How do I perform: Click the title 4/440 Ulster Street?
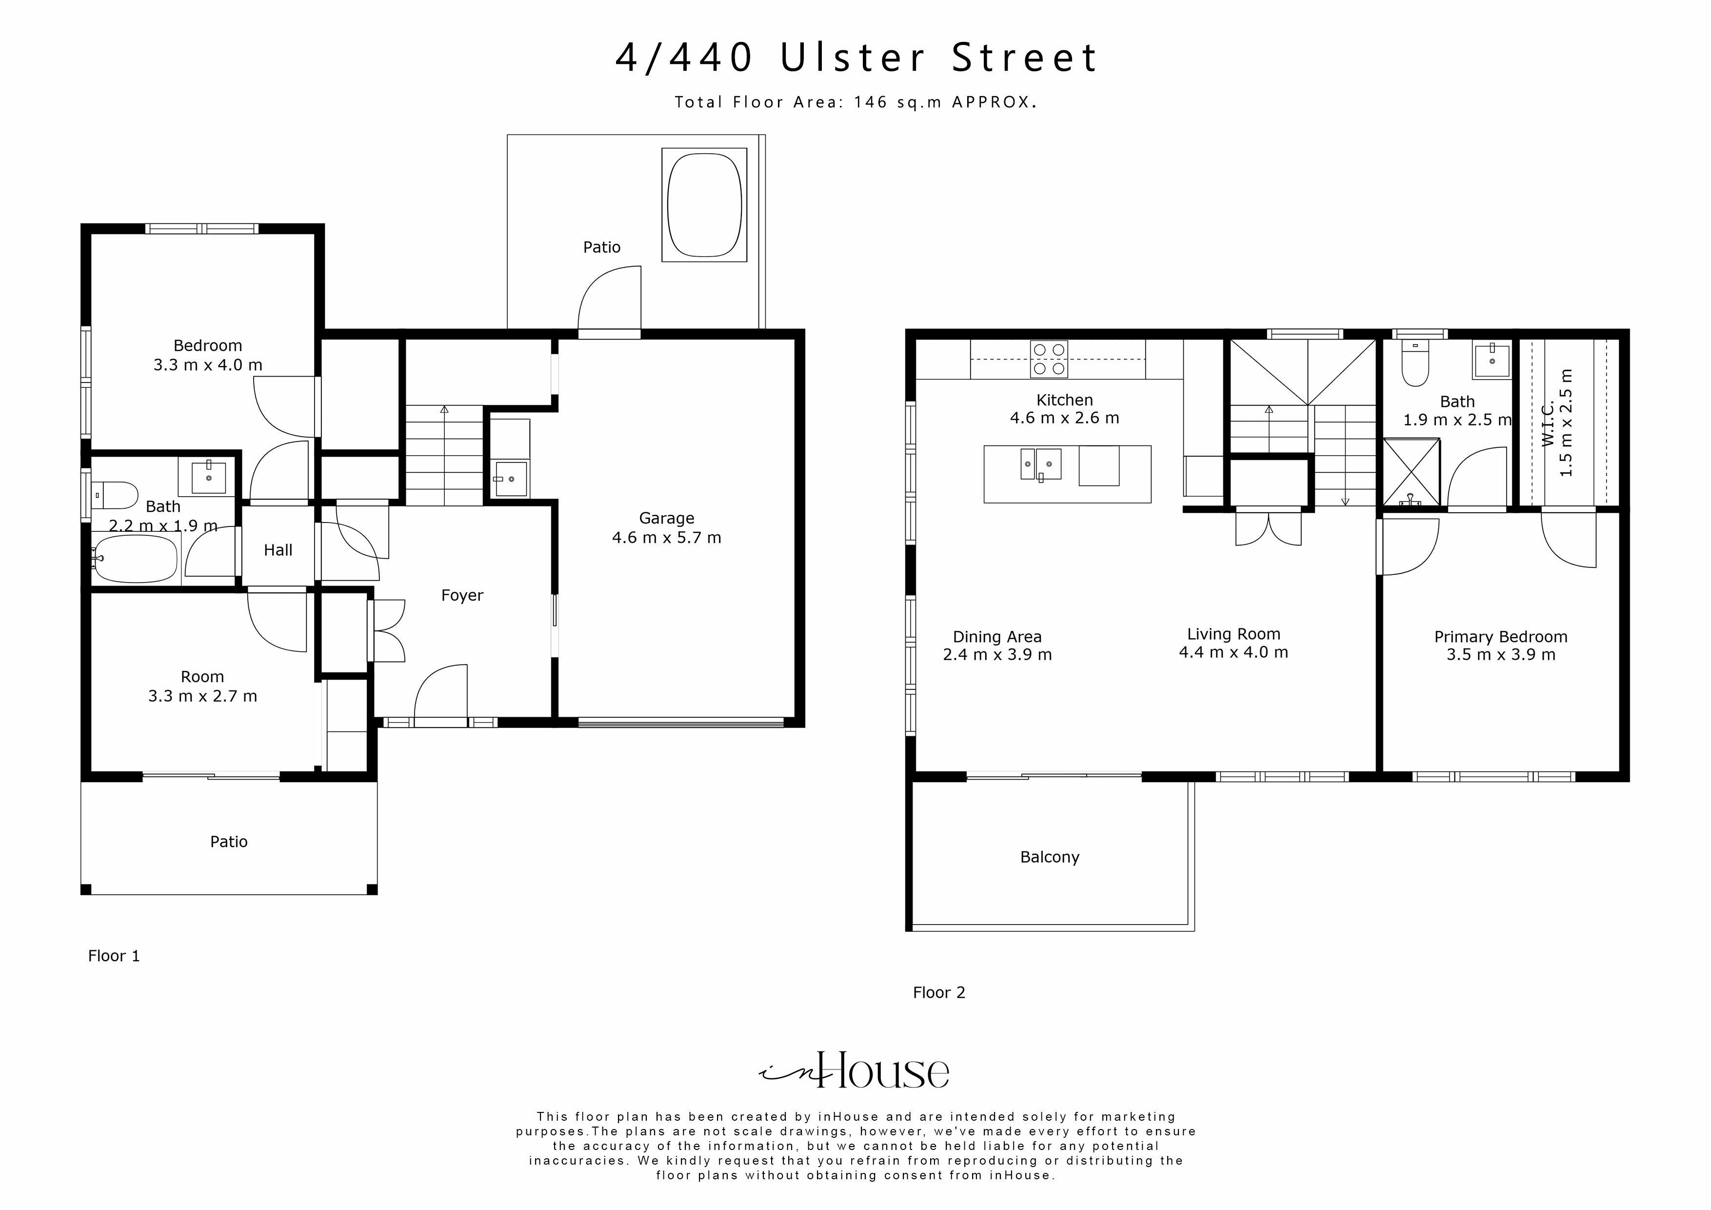pos(856,58)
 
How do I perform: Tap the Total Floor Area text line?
pos(856,102)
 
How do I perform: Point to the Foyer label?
pos(462,595)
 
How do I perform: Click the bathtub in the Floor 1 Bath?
pos(135,558)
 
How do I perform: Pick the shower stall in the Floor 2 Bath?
pos(1412,472)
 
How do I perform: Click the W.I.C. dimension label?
pos(1557,423)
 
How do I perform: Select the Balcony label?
pos(1049,857)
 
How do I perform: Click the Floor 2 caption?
pos(939,992)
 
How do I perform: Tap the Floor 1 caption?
pos(114,956)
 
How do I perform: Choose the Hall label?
pos(278,550)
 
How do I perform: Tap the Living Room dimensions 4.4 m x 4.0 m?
pos(1234,652)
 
